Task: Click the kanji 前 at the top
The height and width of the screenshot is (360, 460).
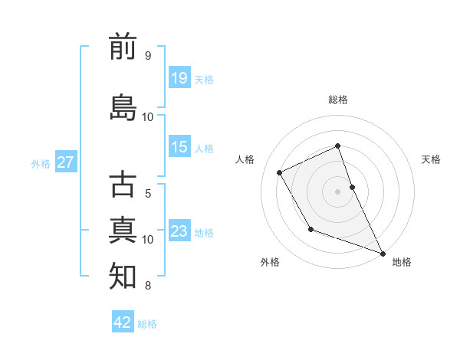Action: coord(123,47)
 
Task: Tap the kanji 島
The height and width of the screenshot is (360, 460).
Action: coord(123,107)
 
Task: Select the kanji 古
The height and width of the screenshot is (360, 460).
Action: coord(123,185)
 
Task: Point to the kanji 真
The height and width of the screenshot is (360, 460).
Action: coord(123,230)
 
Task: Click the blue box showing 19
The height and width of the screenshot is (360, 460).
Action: coord(179,77)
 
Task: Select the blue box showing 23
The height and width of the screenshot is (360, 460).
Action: coord(179,231)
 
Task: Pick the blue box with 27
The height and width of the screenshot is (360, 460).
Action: coord(66,162)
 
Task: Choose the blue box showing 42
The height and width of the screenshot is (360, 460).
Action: coord(123,322)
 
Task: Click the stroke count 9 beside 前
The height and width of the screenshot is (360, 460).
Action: coord(148,55)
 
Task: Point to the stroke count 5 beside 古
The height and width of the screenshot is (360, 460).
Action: coord(148,194)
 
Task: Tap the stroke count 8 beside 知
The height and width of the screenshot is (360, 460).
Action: coord(148,286)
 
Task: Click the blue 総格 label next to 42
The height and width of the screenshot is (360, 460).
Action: coord(147,324)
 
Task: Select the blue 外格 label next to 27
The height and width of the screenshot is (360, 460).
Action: coord(41,164)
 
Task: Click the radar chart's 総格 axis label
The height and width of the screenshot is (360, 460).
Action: coord(338,100)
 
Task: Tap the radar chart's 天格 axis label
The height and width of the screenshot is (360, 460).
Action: coord(431,159)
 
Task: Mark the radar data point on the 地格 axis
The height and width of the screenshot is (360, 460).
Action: coord(383,252)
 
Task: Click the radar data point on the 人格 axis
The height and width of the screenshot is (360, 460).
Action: coord(280,172)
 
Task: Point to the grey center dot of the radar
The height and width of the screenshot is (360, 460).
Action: coord(338,191)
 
